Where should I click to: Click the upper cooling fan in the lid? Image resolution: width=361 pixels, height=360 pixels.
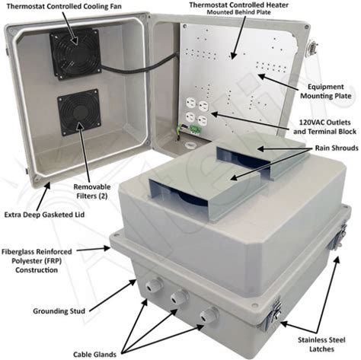pyautogui.click(x=75, y=53)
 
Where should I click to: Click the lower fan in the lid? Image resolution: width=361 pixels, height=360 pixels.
pyautogui.click(x=79, y=112)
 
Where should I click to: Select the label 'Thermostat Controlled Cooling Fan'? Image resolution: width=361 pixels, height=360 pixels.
pyautogui.click(x=64, y=6)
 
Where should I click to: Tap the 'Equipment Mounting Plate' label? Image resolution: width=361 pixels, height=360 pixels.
pyautogui.click(x=326, y=91)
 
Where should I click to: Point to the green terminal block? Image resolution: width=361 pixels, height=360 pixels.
pyautogui.click(x=196, y=129)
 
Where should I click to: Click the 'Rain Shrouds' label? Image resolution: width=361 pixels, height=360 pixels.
pyautogui.click(x=337, y=148)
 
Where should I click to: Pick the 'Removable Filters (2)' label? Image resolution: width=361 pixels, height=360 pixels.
pyautogui.click(x=92, y=191)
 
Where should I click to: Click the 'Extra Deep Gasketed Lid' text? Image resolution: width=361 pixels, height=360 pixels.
pyautogui.click(x=44, y=215)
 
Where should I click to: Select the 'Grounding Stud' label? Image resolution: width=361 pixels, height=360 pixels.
pyautogui.click(x=59, y=311)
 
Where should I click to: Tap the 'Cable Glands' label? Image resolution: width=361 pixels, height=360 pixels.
pyautogui.click(x=94, y=354)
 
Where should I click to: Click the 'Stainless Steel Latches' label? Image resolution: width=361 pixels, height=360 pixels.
pyautogui.click(x=321, y=345)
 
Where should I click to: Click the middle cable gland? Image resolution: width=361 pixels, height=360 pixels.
pyautogui.click(x=180, y=297)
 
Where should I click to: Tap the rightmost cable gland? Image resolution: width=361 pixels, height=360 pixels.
pyautogui.click(x=209, y=314)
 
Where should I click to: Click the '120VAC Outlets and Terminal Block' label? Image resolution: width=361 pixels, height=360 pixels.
pyautogui.click(x=324, y=127)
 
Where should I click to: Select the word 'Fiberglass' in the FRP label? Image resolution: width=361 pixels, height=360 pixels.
pyautogui.click(x=19, y=252)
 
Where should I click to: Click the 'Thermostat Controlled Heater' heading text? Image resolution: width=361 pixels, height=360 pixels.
pyautogui.click(x=238, y=5)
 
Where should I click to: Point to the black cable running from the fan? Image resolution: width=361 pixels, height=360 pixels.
pyautogui.click(x=139, y=65)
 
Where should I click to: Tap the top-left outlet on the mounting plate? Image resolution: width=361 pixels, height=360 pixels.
pyautogui.click(x=190, y=104)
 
